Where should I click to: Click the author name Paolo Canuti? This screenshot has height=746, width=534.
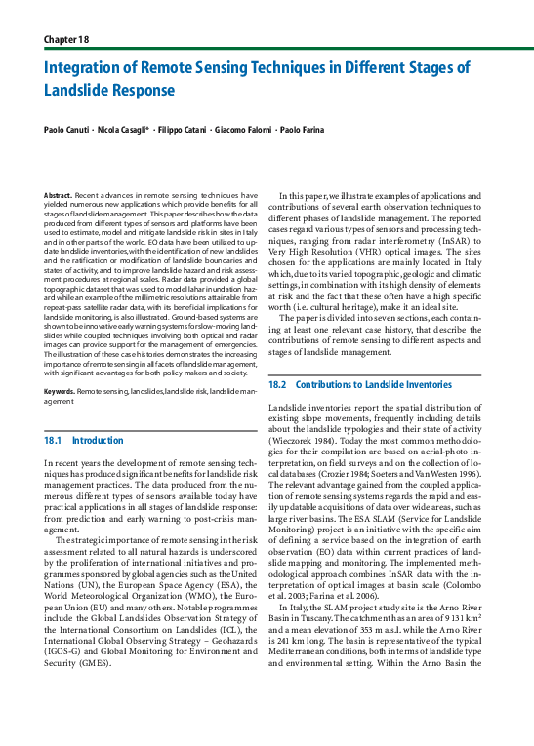[67, 130]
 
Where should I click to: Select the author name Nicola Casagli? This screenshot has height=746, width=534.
[124, 130]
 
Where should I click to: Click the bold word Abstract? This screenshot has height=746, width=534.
[60, 196]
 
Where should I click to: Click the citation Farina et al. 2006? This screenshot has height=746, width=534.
[346, 594]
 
